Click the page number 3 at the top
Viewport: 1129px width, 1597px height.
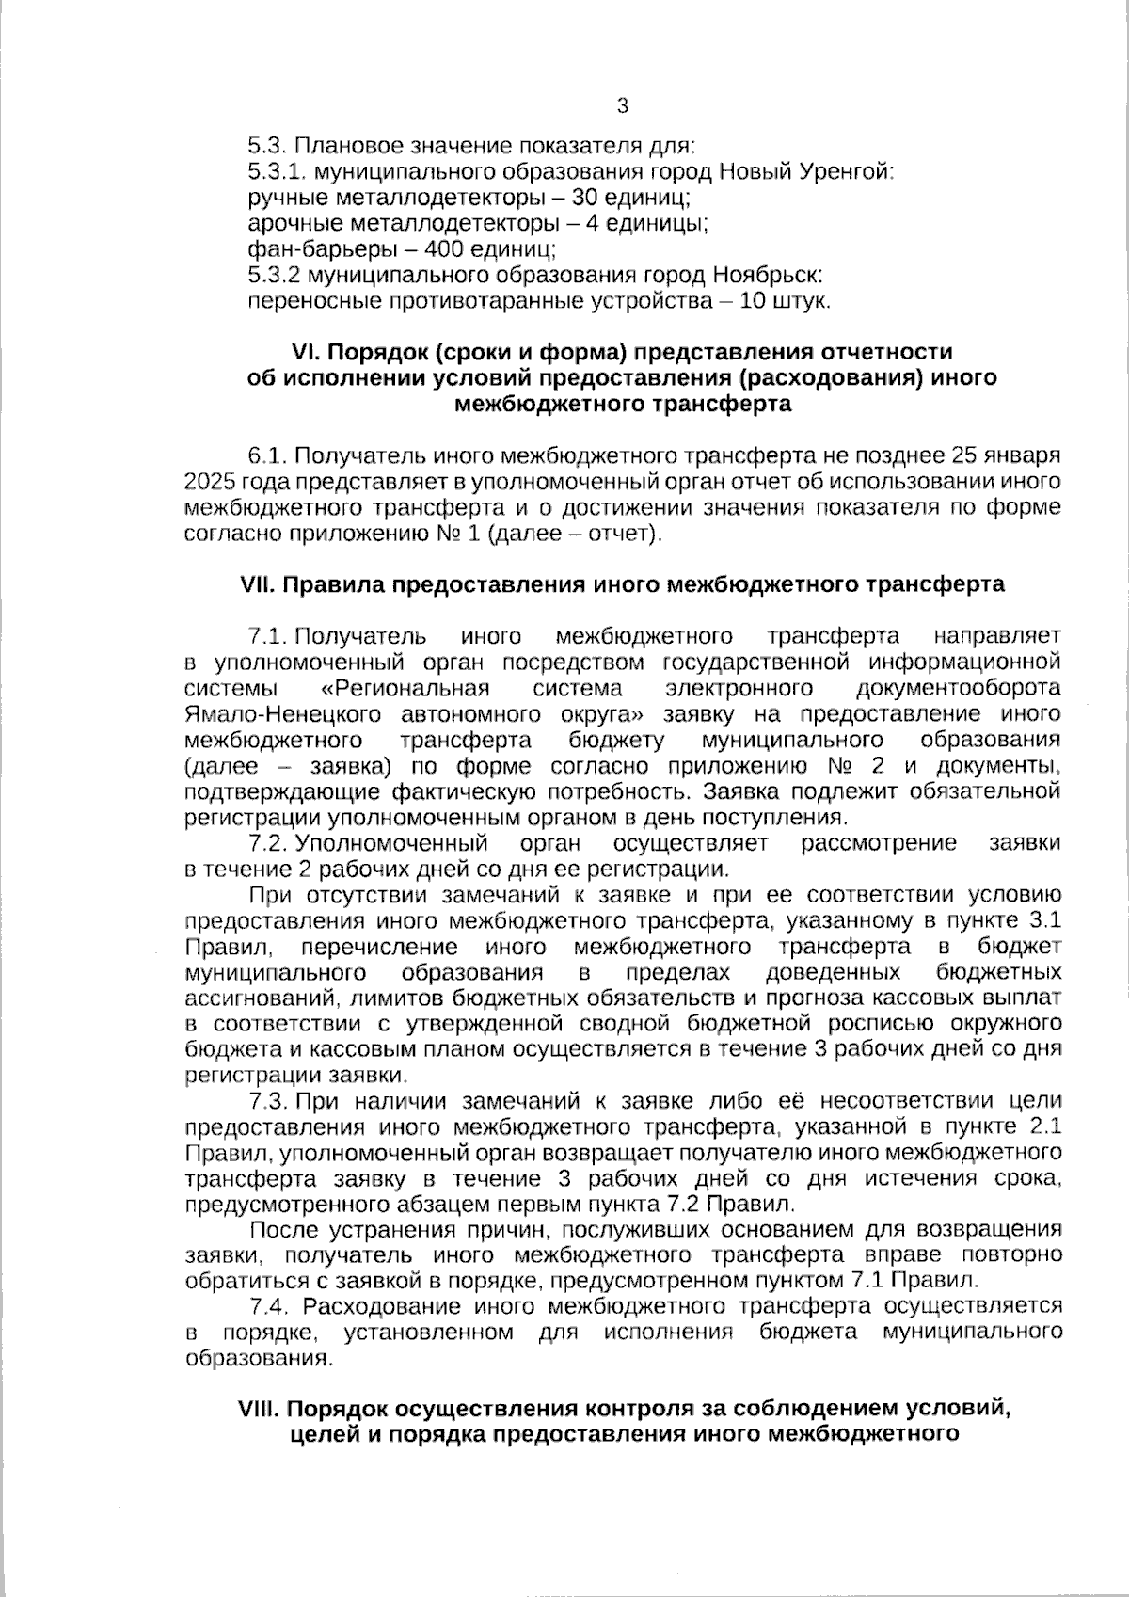tap(622, 106)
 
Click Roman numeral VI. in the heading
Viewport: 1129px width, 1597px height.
tap(307, 352)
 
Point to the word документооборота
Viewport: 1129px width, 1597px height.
tap(960, 688)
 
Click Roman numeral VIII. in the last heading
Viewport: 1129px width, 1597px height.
tap(260, 1410)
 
